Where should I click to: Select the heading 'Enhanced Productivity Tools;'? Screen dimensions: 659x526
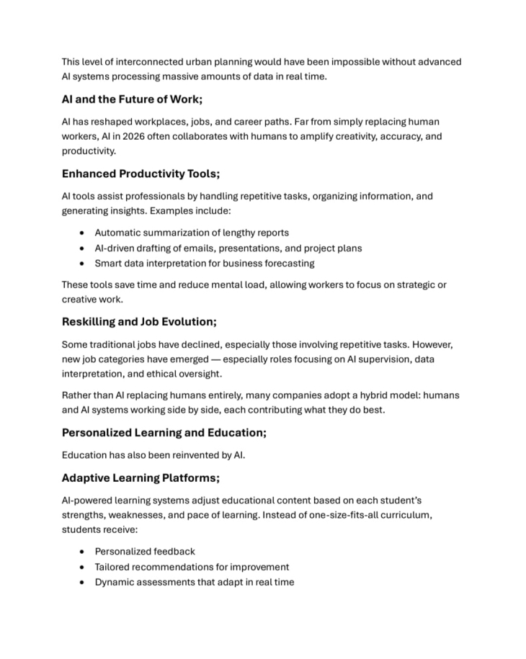(x=141, y=174)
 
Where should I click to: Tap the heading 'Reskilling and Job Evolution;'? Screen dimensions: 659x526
(x=139, y=322)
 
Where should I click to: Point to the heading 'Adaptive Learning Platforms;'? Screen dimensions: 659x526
(x=141, y=478)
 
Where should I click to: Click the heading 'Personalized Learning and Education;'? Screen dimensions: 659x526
(x=164, y=433)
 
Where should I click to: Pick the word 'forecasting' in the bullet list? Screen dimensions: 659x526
(x=287, y=263)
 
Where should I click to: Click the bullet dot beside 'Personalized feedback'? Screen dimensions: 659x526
(x=83, y=552)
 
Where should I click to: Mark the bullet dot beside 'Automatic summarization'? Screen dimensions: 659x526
(x=83, y=233)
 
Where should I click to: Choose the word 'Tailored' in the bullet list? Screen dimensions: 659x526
(x=115, y=567)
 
